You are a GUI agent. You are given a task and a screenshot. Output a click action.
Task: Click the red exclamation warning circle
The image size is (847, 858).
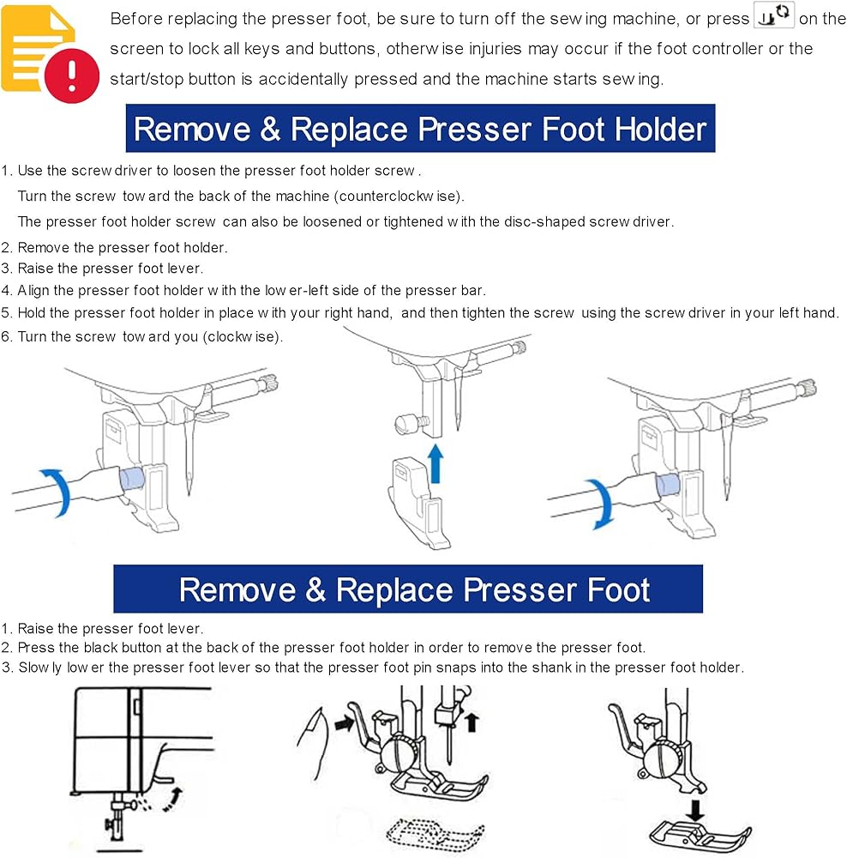pos(72,76)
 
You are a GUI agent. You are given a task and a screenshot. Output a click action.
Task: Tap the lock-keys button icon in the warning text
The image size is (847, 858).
pos(774,15)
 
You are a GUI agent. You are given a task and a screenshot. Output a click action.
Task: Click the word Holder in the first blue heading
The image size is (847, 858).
pos(660,130)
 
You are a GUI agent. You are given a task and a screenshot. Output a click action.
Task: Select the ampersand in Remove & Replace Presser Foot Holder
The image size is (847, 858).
pos(271,130)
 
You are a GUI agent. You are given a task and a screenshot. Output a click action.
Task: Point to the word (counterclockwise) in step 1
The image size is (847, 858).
pos(399,196)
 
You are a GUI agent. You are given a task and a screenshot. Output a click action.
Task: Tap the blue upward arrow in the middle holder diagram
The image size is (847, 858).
pos(436,463)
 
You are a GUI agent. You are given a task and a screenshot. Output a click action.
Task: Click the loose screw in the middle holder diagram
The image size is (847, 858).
pos(411,423)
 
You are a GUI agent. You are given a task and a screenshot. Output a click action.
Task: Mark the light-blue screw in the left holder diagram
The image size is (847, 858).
pos(131,479)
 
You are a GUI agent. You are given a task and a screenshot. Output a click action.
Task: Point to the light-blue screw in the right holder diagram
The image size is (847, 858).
pos(667,485)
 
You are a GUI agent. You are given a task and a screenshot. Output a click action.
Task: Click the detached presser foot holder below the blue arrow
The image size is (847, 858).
pos(417,502)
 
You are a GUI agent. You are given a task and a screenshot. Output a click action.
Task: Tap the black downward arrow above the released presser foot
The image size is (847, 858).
pos(695,811)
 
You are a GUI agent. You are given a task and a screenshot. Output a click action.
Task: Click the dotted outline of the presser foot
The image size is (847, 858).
pos(434,836)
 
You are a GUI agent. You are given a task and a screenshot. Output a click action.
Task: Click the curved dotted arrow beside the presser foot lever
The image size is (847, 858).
pos(173,800)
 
